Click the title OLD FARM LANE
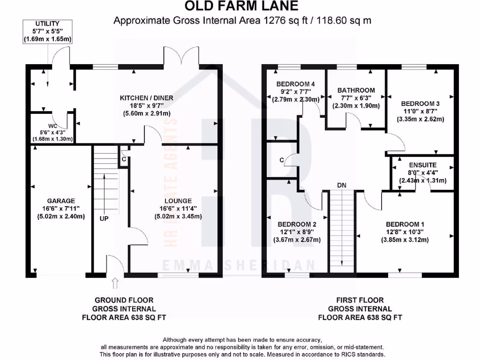(241, 6)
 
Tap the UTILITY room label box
(47, 31)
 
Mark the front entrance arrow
(116, 283)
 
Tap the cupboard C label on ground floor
(124, 159)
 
